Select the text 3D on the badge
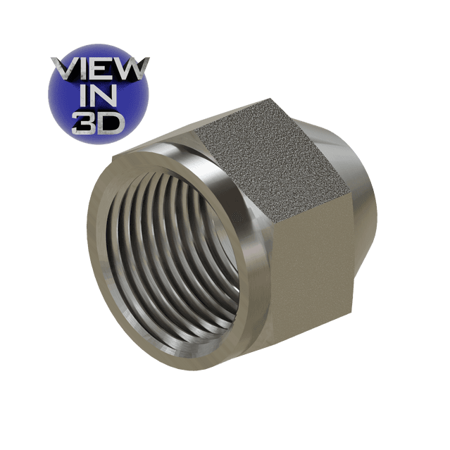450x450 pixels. point(99,124)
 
